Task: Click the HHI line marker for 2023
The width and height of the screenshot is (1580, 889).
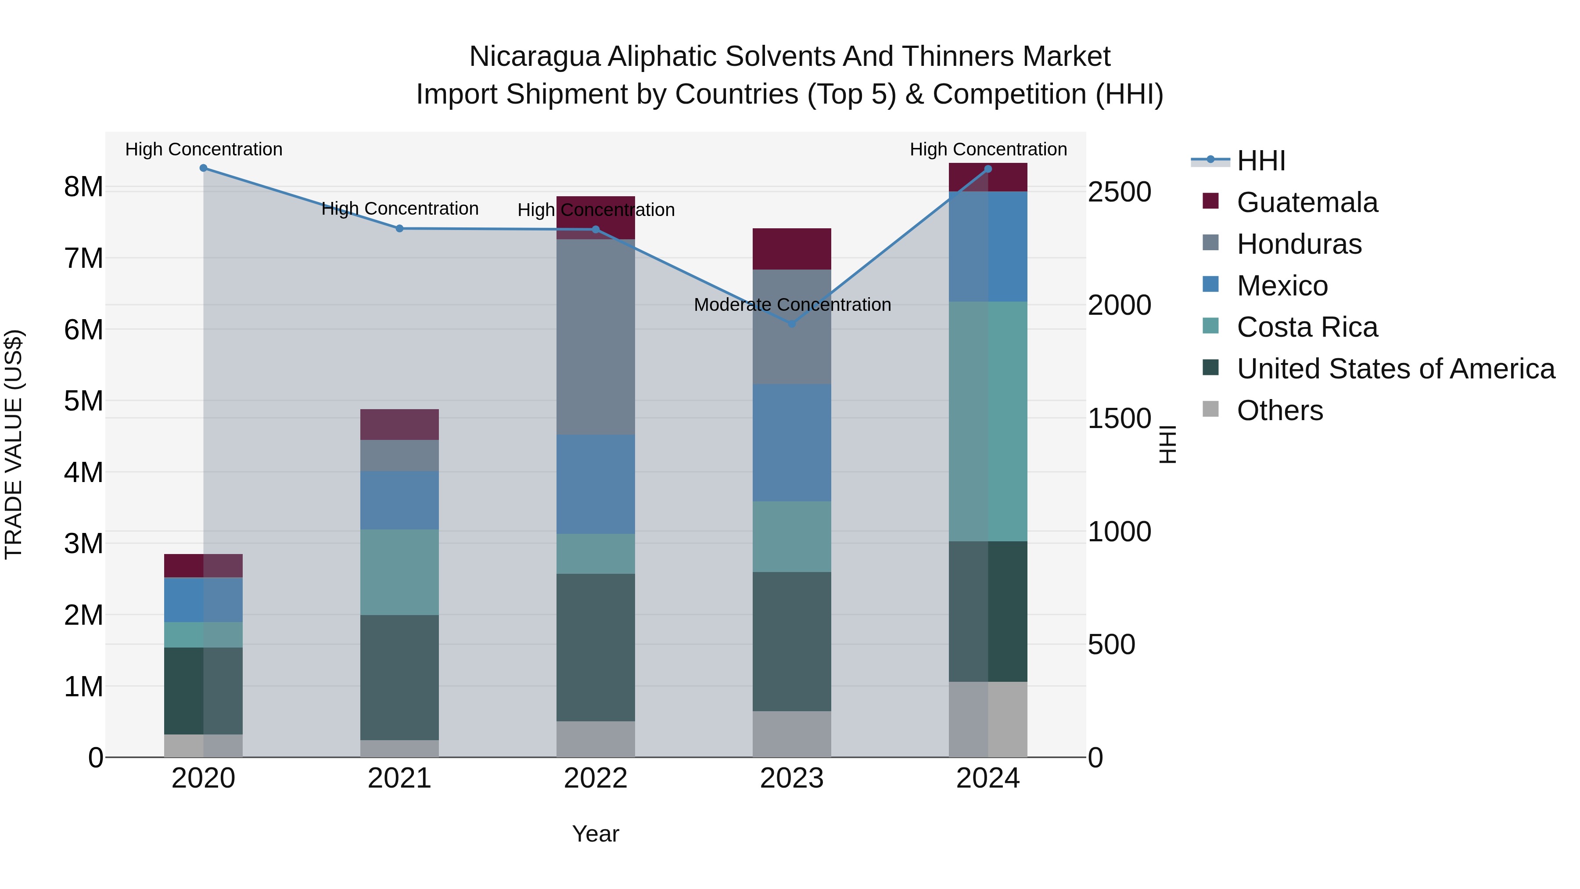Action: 791,323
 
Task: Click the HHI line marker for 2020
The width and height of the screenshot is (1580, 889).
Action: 204,168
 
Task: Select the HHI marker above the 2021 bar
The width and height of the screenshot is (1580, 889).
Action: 399,228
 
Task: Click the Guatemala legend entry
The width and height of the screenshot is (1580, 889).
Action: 1307,202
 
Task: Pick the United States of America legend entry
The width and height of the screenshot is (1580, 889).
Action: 1395,369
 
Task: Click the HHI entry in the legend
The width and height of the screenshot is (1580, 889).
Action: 1260,161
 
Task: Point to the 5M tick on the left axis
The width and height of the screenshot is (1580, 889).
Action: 84,401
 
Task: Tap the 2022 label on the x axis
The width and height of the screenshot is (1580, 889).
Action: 596,778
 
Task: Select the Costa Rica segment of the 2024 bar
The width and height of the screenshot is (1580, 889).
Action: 987,421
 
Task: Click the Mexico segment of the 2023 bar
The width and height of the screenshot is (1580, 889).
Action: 791,443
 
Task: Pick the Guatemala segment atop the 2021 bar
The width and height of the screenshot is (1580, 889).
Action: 399,424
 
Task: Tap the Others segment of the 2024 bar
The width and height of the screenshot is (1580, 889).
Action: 987,719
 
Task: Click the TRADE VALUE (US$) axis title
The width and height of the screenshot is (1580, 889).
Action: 14,444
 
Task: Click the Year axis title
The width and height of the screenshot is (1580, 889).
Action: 596,834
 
